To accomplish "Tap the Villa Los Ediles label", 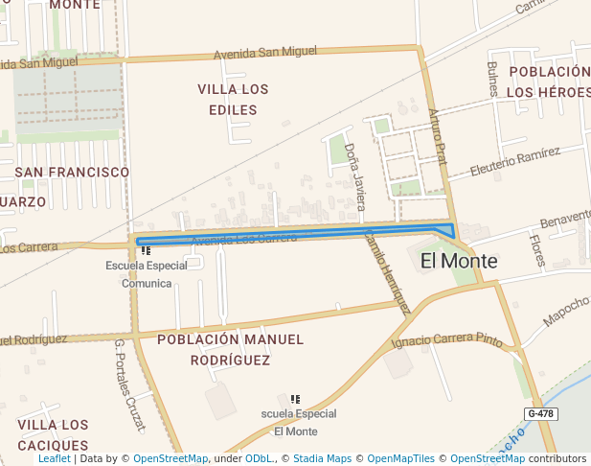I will (x=233, y=99).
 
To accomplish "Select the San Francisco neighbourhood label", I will (x=72, y=172).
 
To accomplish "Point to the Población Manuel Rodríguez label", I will (x=230, y=349).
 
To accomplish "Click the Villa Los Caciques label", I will (x=53, y=435).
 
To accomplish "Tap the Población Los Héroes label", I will (x=549, y=82).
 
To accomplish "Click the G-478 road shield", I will (x=540, y=414).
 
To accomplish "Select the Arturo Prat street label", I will (x=439, y=138).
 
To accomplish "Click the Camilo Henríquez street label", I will (x=387, y=271).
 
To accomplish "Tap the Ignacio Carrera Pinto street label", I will (x=447, y=340).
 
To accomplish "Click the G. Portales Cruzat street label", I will (x=129, y=384).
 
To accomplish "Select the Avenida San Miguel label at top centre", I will (x=264, y=52).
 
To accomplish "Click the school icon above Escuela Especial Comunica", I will (x=146, y=250).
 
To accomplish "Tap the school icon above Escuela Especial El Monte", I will (x=295, y=399).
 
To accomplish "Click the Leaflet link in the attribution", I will (x=55, y=458).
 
